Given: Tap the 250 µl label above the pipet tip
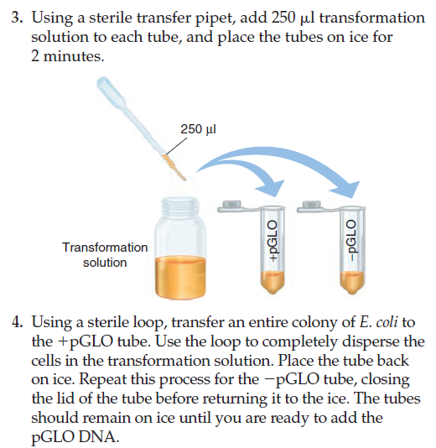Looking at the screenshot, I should pos(198,130).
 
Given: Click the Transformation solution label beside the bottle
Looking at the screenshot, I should pos(105,255).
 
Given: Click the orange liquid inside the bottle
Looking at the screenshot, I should pos(179,280).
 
